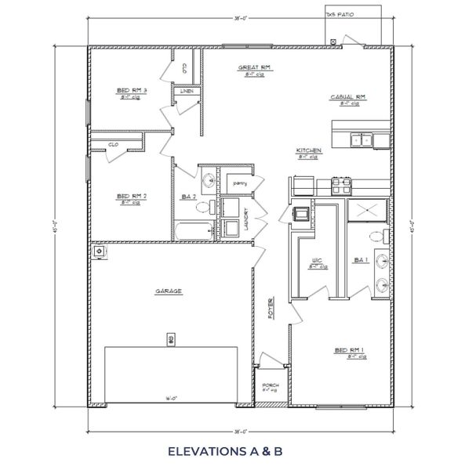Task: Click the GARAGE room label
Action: [x=169, y=291]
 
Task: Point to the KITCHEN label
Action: [x=307, y=150]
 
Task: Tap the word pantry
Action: [x=239, y=183]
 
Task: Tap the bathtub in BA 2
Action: [x=194, y=230]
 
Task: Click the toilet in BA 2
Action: [x=203, y=207]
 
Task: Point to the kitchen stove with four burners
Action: [x=342, y=186]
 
